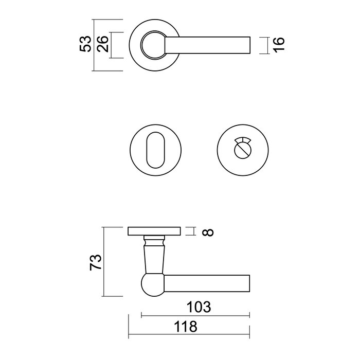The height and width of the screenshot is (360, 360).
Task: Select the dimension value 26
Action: click(101, 45)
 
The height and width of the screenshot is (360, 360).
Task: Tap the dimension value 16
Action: click(278, 45)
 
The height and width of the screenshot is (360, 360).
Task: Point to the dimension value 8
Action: click(208, 232)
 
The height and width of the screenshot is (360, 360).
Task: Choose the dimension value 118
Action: click(186, 326)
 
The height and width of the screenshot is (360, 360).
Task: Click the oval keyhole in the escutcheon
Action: click(154, 150)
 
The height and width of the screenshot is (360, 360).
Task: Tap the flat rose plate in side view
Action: click(154, 231)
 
